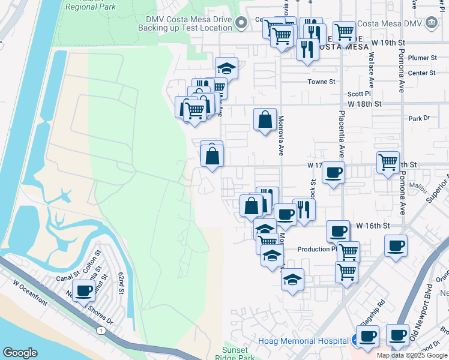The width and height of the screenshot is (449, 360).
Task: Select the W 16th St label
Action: point(373,226)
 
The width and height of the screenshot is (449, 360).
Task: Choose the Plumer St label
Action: point(422,58)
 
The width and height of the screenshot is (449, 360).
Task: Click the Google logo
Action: point(20,353)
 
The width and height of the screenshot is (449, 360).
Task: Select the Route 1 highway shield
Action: point(100,330)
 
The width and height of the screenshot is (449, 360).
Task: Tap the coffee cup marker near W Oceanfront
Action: point(85,292)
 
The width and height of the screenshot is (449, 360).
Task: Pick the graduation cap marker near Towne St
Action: point(227,68)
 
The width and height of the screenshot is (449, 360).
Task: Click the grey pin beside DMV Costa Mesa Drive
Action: point(241,23)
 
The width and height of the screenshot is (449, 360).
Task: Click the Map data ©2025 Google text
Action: point(412,355)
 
